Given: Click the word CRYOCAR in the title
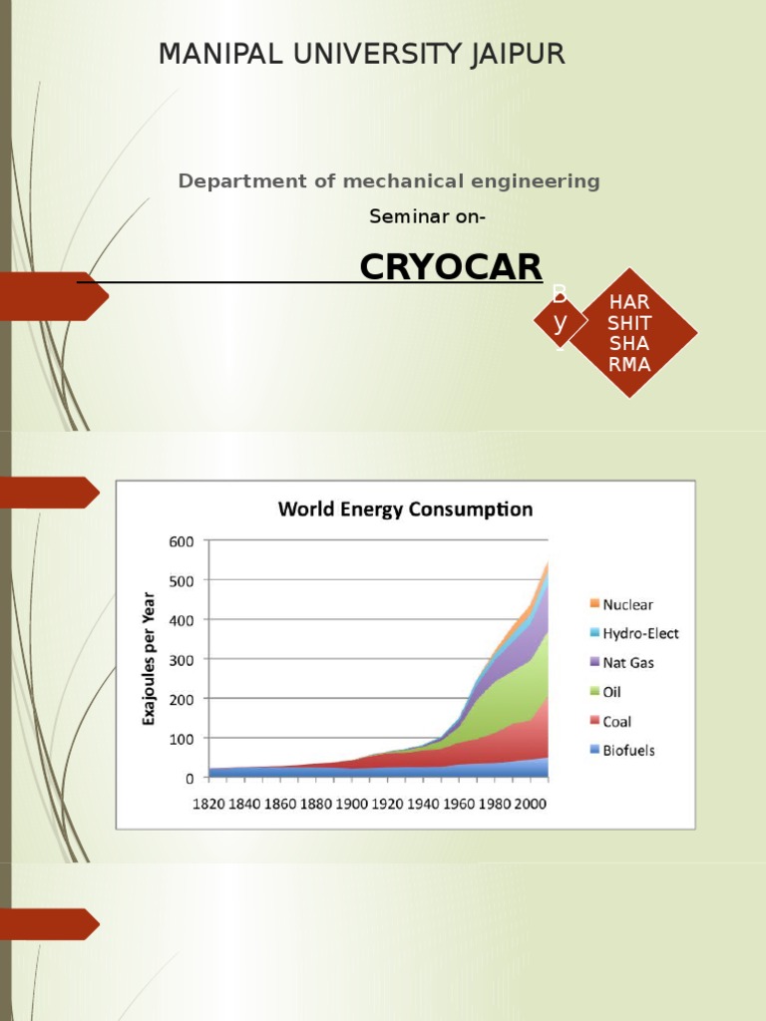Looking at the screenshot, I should point(451,267).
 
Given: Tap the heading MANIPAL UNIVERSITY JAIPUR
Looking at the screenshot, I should point(361,55).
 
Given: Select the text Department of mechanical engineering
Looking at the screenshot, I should point(389,181).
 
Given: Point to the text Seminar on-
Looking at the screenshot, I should point(428,216).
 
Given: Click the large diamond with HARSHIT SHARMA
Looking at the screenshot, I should point(629,333).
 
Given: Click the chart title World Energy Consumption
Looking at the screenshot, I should point(405,510).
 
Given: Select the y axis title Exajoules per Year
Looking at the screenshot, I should point(150,658).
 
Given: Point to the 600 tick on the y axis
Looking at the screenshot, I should point(187,541).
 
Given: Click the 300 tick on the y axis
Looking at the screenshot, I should point(187,659).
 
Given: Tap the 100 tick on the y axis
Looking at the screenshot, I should point(187,738).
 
